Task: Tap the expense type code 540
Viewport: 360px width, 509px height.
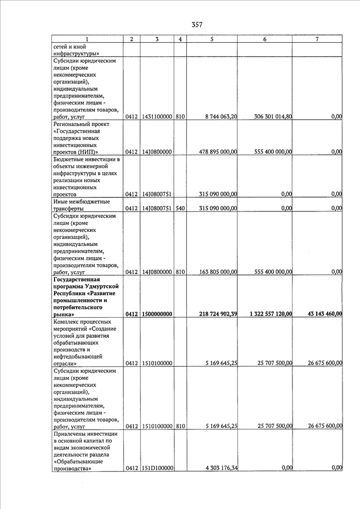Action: pyautogui.click(x=179, y=208)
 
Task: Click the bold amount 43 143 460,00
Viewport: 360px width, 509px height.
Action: pyautogui.click(x=318, y=314)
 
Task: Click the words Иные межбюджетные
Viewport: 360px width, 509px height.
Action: pyautogui.click(x=81, y=201)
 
